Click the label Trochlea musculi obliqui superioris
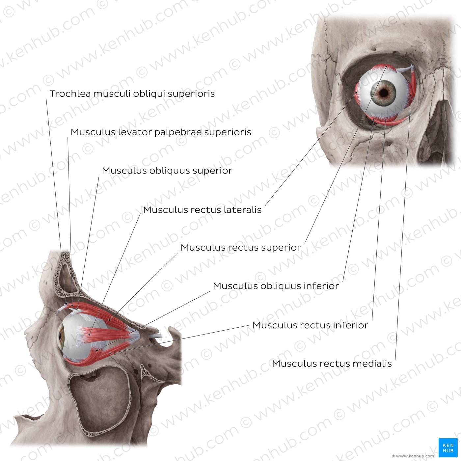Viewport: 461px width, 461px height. [132, 94]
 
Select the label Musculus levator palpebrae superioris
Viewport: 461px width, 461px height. [161, 132]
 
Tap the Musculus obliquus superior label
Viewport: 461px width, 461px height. [167, 171]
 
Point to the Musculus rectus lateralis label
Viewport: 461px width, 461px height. [202, 210]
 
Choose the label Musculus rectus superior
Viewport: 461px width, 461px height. [241, 248]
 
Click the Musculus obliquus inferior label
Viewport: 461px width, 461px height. [276, 286]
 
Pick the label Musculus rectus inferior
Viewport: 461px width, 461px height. [310, 325]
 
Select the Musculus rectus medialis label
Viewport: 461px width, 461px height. [332, 364]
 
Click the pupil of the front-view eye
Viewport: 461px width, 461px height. [384, 93]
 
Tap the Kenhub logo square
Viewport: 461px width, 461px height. [448, 448]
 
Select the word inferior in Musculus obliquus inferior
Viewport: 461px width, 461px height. [321, 286]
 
